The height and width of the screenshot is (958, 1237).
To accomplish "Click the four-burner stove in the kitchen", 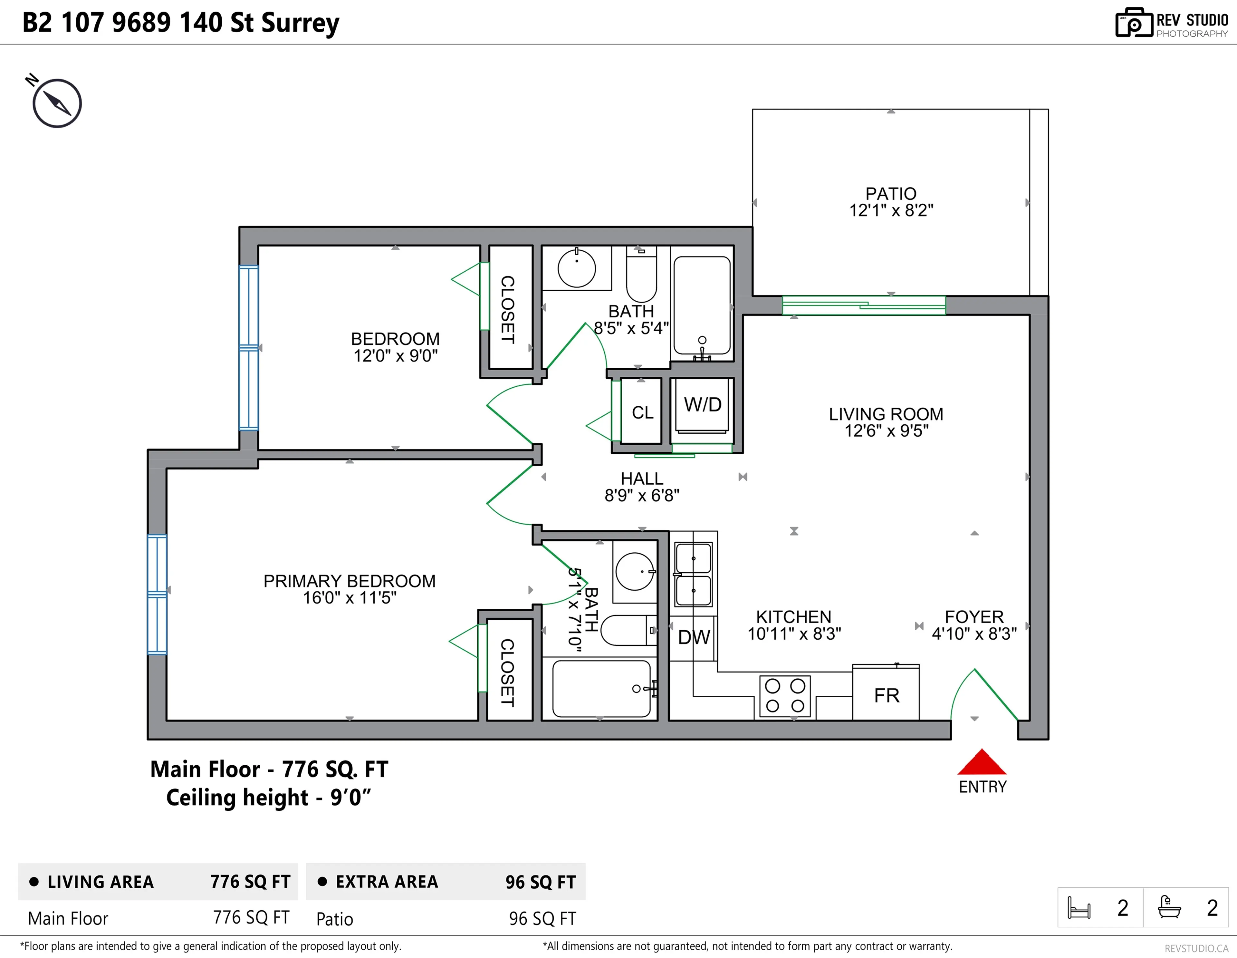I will (784, 696).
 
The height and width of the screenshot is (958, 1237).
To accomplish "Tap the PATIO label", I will (890, 194).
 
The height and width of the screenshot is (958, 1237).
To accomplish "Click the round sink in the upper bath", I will (577, 268).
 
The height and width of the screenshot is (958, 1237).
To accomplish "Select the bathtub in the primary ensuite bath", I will (601, 688).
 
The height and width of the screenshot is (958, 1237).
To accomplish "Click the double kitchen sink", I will (693, 574).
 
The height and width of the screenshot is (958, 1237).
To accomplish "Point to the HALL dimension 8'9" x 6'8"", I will (642, 496).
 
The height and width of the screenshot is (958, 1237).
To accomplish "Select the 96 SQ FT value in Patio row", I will (542, 918).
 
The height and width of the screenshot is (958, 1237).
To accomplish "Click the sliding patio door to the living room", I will (863, 306).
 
